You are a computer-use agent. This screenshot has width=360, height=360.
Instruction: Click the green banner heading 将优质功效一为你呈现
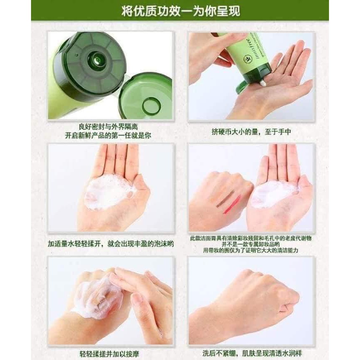click(x=180, y=10)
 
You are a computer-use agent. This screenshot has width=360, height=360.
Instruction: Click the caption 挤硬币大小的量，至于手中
click(x=251, y=132)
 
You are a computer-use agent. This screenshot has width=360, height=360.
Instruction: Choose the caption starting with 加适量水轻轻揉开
click(x=110, y=244)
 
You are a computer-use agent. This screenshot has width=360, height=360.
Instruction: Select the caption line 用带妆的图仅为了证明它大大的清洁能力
click(x=251, y=251)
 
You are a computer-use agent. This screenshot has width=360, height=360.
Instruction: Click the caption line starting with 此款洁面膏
click(x=251, y=238)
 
